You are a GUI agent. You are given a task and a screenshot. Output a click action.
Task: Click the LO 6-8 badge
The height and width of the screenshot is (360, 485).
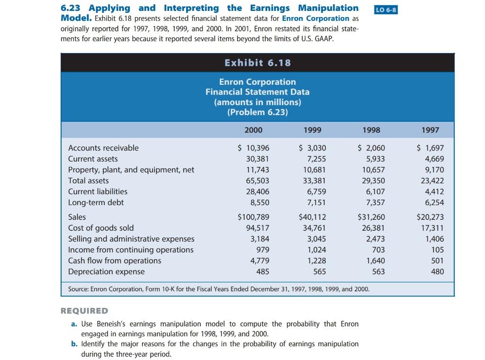coord(386,10)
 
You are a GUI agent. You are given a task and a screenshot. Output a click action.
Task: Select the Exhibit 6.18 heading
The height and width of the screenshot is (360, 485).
coord(258,63)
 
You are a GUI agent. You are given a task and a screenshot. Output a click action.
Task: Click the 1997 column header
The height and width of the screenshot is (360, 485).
coord(430,130)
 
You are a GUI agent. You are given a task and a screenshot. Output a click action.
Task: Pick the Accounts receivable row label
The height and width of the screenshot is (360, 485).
coord(103,148)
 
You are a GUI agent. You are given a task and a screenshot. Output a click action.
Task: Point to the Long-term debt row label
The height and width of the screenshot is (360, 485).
coord(96,202)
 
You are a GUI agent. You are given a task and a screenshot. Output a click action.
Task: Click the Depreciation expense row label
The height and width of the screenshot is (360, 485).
coord(106,271)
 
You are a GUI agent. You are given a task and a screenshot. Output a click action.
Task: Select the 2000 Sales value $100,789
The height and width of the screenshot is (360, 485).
coord(253,217)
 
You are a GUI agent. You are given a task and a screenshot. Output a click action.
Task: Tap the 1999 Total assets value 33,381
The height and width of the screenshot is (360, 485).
coord(314,180)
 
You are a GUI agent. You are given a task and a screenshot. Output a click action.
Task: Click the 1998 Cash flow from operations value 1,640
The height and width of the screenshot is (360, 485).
coord(375,261)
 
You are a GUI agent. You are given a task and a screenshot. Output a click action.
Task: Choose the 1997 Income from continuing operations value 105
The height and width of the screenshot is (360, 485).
coord(438,250)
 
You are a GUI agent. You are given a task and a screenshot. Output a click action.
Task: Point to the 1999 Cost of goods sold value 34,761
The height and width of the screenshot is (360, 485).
coord(314,228)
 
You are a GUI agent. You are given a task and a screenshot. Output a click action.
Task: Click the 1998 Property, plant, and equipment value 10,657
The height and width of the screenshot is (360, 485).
coord(373,170)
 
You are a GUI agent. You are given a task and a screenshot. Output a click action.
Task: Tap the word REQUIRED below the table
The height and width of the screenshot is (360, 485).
coord(84,311)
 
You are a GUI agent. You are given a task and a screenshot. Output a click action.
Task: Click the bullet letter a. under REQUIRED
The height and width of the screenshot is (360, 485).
coord(74,324)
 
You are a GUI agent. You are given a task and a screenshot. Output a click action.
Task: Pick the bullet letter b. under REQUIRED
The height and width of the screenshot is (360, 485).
coord(74,344)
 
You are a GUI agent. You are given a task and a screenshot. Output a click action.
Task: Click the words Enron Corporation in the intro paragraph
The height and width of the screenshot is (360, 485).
coord(315,18)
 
